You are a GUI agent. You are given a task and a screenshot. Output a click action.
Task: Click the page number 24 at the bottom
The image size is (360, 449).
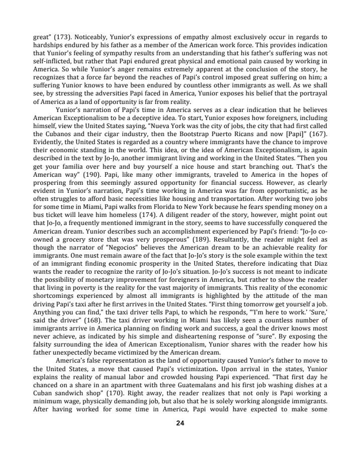click(x=180, y=436)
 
